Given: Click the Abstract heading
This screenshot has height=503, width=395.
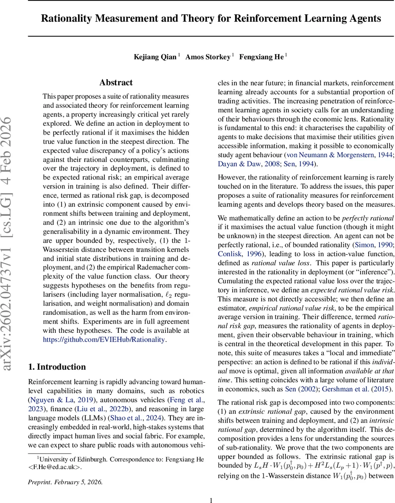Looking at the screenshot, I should (x=116, y=83).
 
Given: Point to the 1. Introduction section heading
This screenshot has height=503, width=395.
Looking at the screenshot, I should (x=57, y=367).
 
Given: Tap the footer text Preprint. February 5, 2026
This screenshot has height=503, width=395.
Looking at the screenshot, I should (x=65, y=482).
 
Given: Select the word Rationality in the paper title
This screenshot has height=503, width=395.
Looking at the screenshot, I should (x=75, y=18).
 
